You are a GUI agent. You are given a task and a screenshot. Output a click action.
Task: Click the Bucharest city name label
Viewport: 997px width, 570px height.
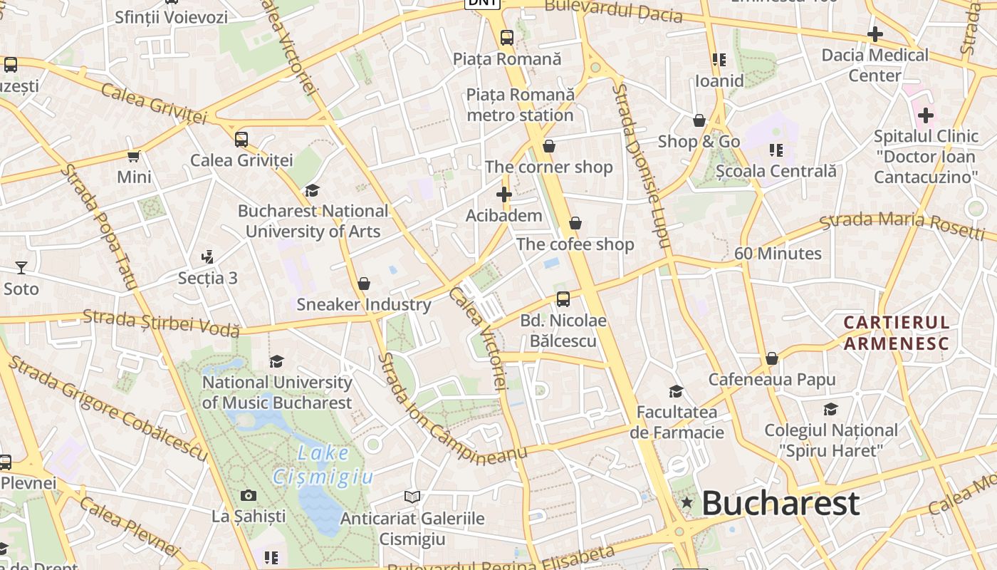tap(781, 503)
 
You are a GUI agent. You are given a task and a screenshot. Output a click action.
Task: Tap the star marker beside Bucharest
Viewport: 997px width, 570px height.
tap(687, 502)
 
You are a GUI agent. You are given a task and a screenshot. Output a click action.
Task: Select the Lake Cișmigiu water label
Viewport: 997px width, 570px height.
tap(323, 465)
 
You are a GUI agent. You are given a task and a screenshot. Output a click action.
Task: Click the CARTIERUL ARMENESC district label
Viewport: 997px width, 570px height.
tap(897, 333)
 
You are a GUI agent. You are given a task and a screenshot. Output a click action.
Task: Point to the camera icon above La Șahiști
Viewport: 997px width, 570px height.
tap(249, 495)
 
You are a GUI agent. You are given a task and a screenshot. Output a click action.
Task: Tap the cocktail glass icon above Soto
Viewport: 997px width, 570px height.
tap(21, 268)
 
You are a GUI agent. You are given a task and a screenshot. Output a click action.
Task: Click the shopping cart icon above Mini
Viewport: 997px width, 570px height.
tap(133, 156)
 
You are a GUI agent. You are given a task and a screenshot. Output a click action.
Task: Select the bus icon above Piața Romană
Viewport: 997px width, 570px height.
tap(506, 38)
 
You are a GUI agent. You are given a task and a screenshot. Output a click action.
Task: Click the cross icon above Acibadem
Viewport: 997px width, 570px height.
tap(504, 194)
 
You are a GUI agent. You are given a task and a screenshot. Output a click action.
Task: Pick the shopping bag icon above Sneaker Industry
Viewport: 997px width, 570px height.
tap(364, 284)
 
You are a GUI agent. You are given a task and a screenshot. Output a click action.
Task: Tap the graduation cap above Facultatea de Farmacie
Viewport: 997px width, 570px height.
tap(676, 391)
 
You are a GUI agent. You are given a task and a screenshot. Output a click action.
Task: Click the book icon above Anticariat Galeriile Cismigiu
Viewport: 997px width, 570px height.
tap(412, 497)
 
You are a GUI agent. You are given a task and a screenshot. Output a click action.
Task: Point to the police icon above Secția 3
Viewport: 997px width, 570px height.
tap(208, 256)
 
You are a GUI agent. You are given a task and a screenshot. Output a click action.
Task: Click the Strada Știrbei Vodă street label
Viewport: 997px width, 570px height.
tap(161, 322)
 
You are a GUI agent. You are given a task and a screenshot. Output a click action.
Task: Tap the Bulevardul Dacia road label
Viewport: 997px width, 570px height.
tap(613, 11)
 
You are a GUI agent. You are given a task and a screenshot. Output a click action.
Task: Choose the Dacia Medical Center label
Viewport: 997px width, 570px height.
tap(875, 65)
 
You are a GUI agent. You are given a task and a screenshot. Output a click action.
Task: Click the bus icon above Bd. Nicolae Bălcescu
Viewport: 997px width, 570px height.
tap(563, 299)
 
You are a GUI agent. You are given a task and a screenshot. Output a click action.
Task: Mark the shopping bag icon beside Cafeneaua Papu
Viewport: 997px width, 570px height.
tap(771, 358)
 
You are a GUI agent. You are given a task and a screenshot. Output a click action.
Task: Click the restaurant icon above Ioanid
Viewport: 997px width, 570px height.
tap(719, 60)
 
